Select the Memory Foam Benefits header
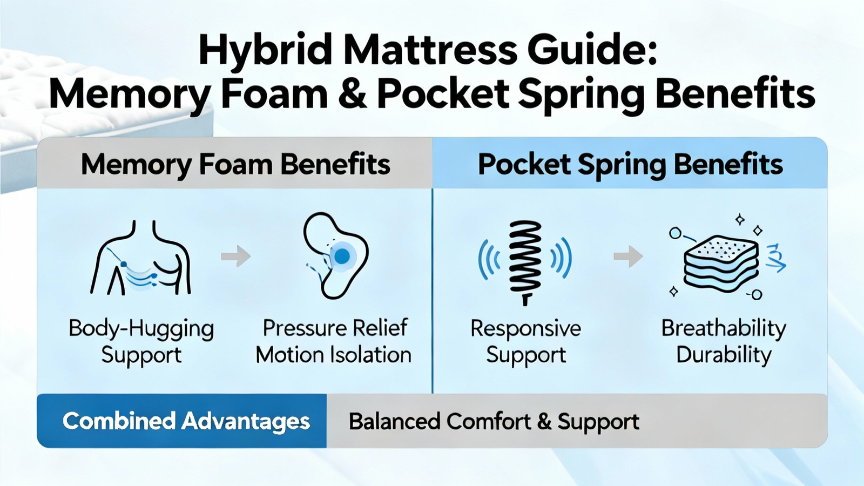click(235, 165)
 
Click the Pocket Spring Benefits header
click(630, 165)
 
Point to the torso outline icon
click(140, 258)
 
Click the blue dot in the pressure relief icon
click(342, 256)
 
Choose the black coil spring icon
click(525, 263)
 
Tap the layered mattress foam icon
click(720, 264)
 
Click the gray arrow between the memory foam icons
click(235, 256)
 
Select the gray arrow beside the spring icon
click(629, 256)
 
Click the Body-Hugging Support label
click(141, 341)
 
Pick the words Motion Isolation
click(334, 355)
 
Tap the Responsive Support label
click(526, 341)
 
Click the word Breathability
click(724, 329)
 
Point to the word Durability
click(724, 355)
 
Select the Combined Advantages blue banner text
click(186, 421)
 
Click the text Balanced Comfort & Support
click(494, 421)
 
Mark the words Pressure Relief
click(335, 328)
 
